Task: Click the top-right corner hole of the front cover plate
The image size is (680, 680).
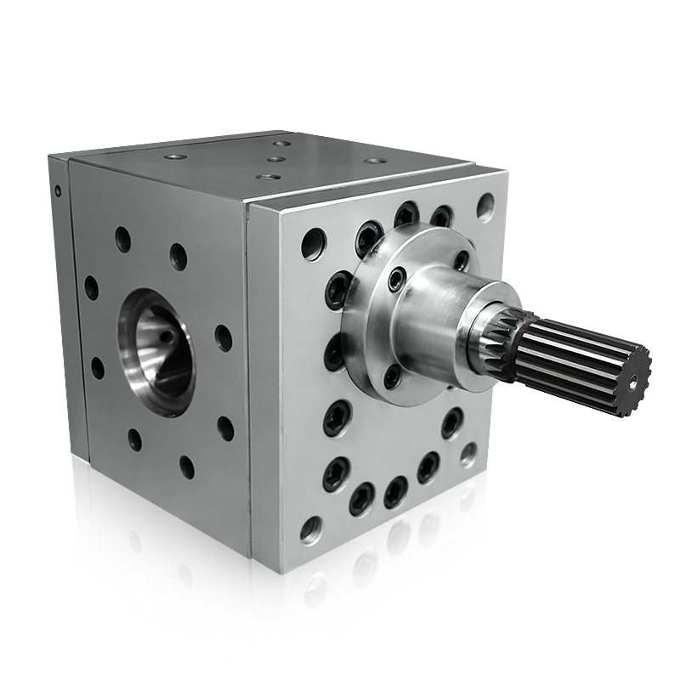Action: point(484,206)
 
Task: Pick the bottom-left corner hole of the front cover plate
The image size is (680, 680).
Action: point(311,530)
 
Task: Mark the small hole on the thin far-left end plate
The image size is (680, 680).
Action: point(58,191)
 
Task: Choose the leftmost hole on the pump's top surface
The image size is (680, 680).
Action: point(174,157)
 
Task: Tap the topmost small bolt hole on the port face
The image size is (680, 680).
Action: point(123,239)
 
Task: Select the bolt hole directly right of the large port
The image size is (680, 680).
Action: point(223,337)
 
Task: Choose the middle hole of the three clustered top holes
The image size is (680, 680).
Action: point(275,159)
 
